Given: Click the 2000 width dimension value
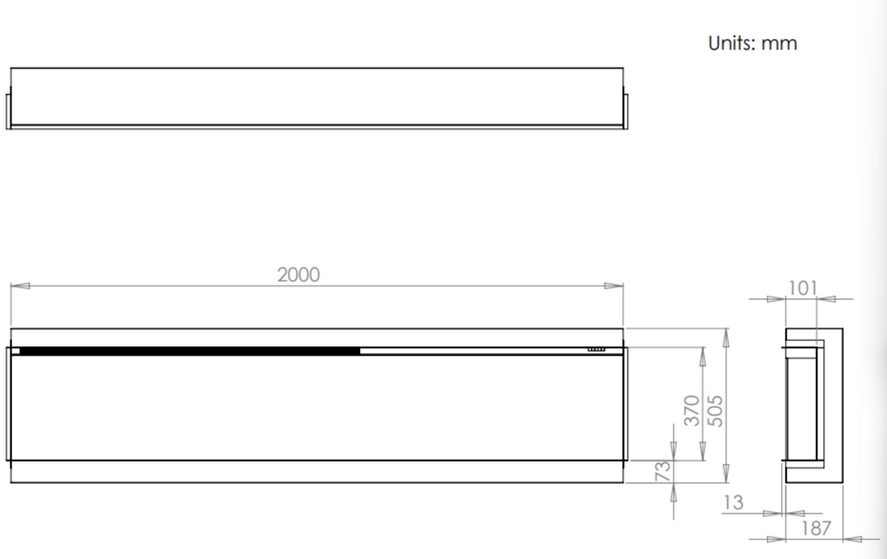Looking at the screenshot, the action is coord(298,275).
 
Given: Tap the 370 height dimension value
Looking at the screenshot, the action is coord(691,410).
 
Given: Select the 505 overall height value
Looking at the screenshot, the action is coord(715,410).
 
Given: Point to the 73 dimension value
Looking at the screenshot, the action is coord(663,470).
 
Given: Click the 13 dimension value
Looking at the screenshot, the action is coord(733,502).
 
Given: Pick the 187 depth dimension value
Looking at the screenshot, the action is coord(816,528).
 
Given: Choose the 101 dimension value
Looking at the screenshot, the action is coord(802,288).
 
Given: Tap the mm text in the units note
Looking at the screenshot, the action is coord(779,44).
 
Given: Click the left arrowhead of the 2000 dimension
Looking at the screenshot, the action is coord(20,286).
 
